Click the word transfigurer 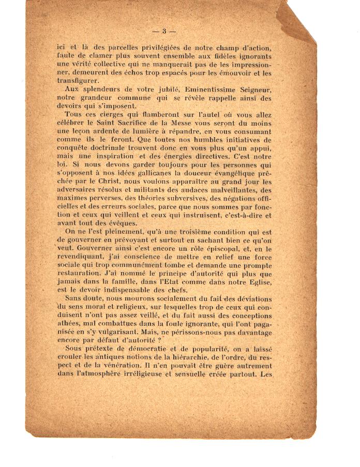pos(77,81)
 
